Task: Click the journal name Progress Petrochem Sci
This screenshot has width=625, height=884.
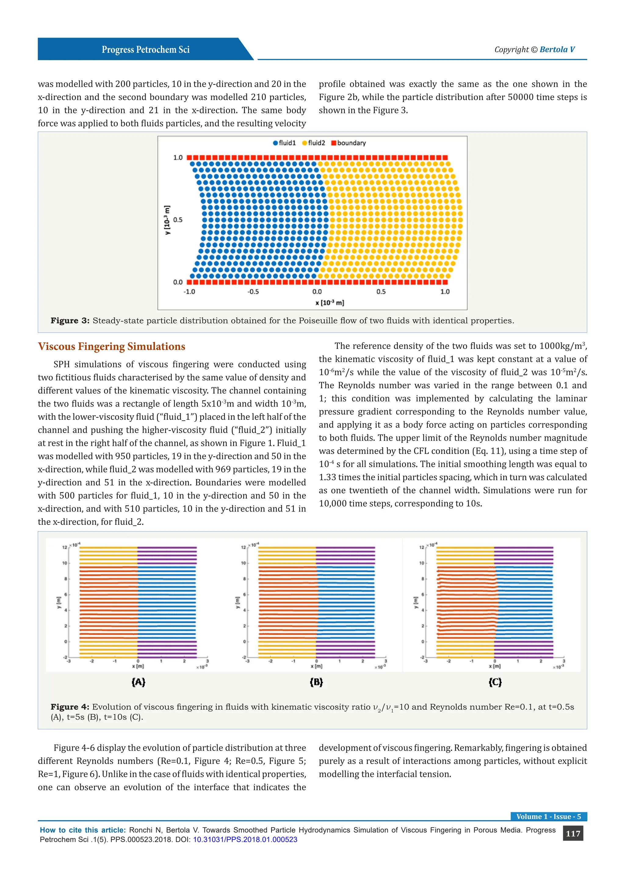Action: (146, 50)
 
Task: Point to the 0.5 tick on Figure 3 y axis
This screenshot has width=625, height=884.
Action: (178, 220)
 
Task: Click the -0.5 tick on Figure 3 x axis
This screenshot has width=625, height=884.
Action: (253, 292)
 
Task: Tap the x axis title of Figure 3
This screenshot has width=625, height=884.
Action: (329, 303)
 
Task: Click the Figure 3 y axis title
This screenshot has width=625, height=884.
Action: (167, 220)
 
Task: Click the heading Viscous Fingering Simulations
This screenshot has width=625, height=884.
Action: (111, 346)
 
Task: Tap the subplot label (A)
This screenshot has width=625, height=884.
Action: (138, 682)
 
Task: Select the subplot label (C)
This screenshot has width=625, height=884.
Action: (495, 682)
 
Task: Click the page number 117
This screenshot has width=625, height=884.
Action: (573, 834)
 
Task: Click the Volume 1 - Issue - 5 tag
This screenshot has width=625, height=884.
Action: (548, 817)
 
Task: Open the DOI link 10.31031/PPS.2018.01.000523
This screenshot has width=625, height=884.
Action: (245, 840)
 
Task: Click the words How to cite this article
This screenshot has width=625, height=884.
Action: (83, 830)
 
